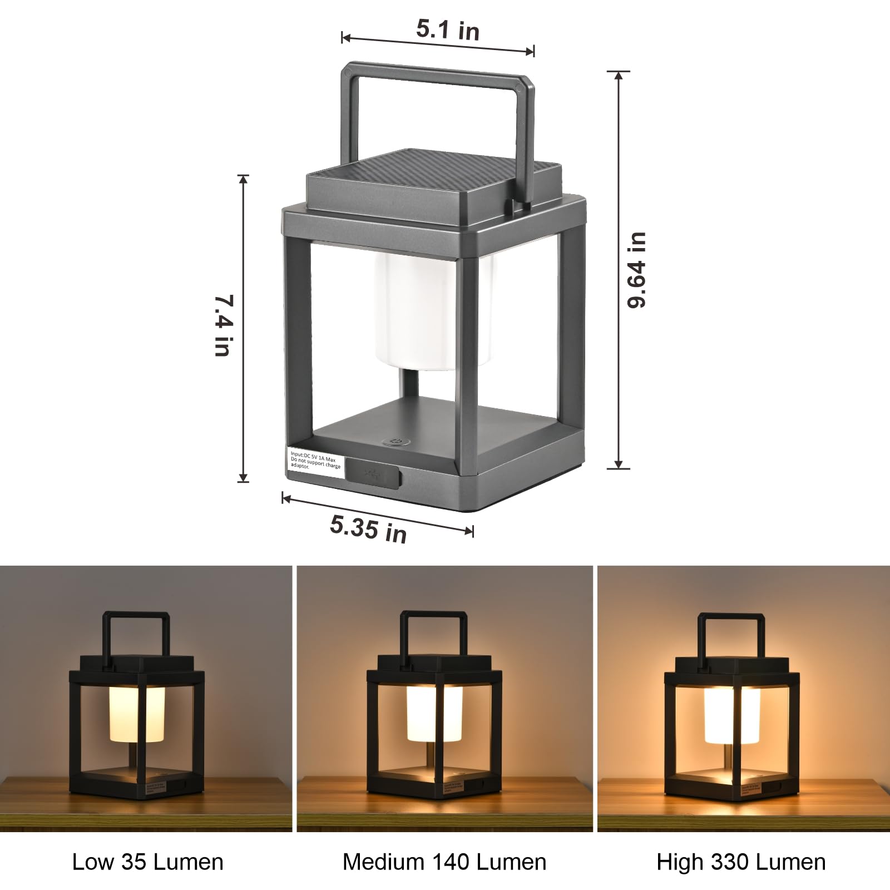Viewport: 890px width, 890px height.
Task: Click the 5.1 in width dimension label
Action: point(448,29)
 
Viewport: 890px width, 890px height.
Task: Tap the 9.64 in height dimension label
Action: point(637,270)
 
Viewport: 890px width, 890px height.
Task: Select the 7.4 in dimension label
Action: point(224,325)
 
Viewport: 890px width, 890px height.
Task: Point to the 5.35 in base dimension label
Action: point(368,528)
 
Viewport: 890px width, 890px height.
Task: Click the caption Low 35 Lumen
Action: point(147,862)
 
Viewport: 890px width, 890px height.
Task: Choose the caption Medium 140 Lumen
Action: point(444,862)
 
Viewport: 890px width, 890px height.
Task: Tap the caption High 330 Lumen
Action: point(741,862)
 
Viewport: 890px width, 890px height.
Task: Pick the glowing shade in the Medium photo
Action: point(434,713)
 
